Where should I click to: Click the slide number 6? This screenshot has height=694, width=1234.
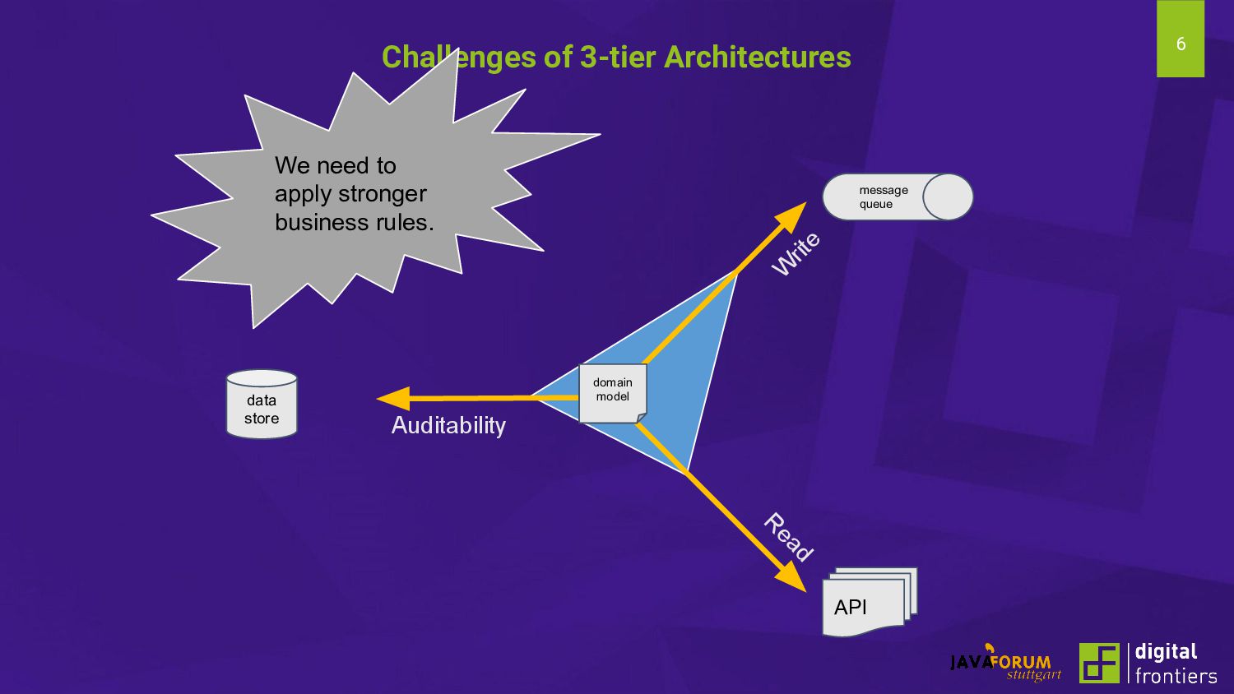click(x=1181, y=44)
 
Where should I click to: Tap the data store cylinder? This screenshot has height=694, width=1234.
click(x=262, y=405)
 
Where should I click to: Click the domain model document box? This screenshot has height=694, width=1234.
click(x=613, y=393)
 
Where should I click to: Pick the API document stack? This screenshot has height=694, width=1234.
click(x=868, y=604)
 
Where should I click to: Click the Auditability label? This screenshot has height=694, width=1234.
click(x=448, y=425)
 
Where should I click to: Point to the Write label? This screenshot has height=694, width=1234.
click(x=796, y=253)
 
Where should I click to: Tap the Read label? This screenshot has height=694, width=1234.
click(x=788, y=536)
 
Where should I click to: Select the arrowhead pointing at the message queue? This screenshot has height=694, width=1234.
click(x=793, y=215)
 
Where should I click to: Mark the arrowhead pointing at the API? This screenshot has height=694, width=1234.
click(x=792, y=577)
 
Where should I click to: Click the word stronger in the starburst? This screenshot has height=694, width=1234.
click(x=385, y=194)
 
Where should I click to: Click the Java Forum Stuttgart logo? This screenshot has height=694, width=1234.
click(x=1005, y=664)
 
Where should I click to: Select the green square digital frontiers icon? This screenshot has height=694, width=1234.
click(x=1099, y=663)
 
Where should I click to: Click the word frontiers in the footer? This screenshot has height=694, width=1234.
click(x=1176, y=676)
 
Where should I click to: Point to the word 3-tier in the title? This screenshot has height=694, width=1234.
click(x=617, y=57)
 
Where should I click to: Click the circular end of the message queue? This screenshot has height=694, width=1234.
click(x=948, y=197)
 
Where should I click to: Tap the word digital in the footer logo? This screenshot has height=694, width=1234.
click(x=1166, y=651)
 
